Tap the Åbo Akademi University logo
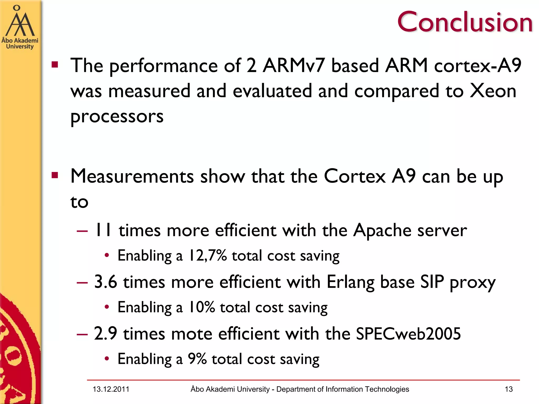pos(20,28)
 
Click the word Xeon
pos(493,91)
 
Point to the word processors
pos(117,116)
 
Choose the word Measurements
pos(132,176)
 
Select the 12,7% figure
pos(207,255)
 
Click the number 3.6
pos(106,282)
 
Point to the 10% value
pos(202,307)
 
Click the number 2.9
pos(105,334)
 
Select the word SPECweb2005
pos(408,334)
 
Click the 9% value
pos(197,358)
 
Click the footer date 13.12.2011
pos(111,389)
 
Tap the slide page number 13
pos(509,389)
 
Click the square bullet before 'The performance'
pos(55,65)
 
